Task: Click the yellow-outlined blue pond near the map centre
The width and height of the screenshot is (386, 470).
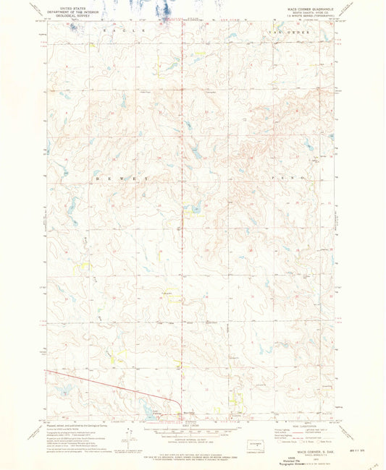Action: point(194,210)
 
